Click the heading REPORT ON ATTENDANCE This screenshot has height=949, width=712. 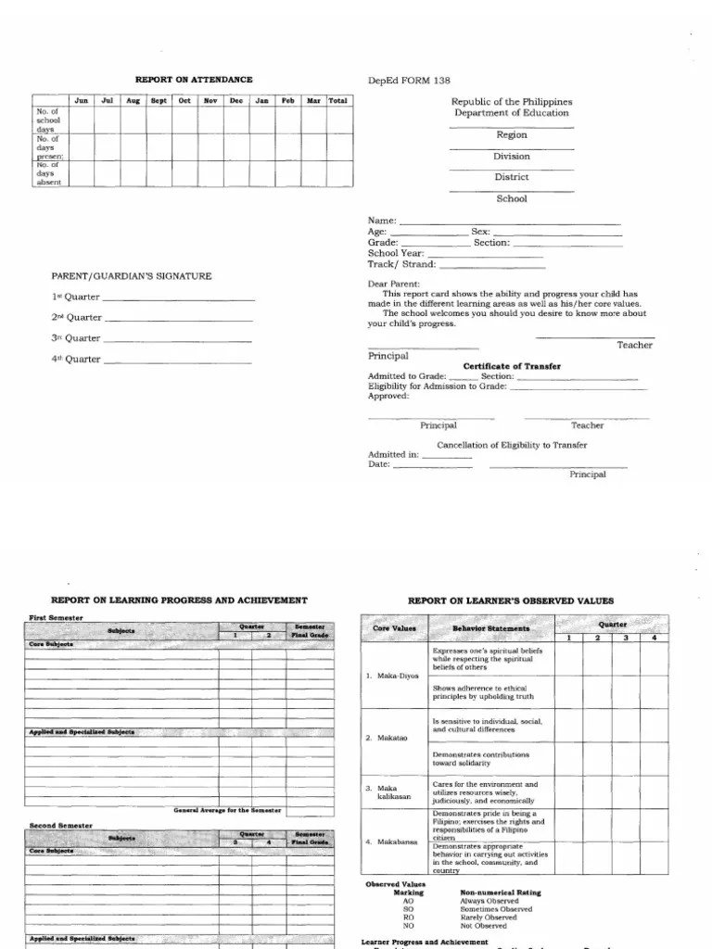click(x=194, y=80)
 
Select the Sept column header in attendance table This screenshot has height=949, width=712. click(x=159, y=100)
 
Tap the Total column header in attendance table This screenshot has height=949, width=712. click(x=338, y=100)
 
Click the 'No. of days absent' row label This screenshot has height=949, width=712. click(x=48, y=173)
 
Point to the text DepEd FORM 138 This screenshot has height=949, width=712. click(x=404, y=80)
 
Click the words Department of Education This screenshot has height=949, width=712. click(x=512, y=113)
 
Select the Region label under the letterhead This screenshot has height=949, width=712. click(x=512, y=135)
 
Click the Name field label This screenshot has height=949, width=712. click(x=382, y=221)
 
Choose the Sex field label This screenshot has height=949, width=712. click(x=480, y=232)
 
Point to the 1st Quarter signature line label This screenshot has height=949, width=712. click(x=76, y=297)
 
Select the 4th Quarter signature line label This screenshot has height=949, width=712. click(x=76, y=359)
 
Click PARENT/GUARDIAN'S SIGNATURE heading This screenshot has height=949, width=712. click(x=132, y=276)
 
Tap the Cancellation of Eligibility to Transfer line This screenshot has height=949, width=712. click(x=512, y=445)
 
